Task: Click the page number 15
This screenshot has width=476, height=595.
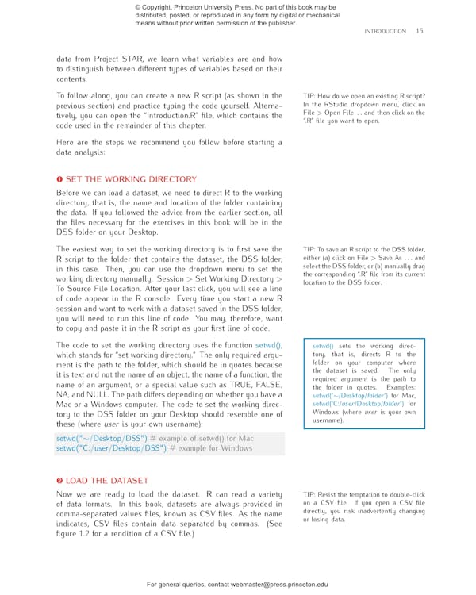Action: coord(419,31)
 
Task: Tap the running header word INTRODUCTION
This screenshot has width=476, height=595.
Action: coord(385,31)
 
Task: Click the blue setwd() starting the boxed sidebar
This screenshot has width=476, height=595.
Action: coord(323,346)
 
